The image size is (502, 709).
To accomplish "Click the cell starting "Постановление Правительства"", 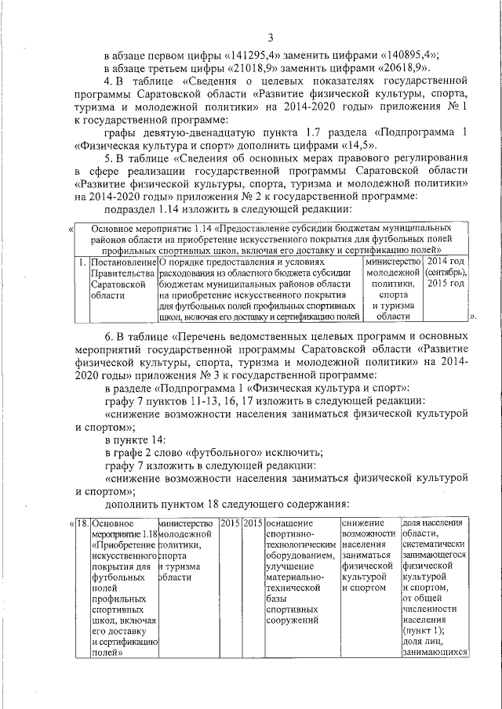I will [x=123, y=288].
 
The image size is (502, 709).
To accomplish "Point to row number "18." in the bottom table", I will [x=82, y=522].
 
